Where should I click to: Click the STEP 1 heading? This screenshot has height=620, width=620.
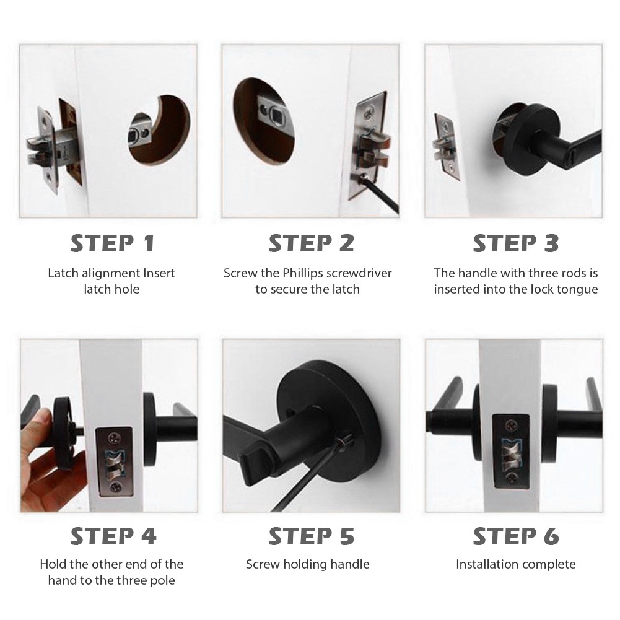[112, 243]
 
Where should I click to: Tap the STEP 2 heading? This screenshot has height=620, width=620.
[311, 243]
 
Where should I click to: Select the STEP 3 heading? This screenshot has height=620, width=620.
[515, 243]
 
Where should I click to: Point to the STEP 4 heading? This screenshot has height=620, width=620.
[113, 536]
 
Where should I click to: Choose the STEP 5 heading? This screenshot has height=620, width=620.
[311, 536]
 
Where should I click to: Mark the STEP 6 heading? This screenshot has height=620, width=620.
[515, 536]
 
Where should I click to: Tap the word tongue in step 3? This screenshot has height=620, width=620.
[577, 290]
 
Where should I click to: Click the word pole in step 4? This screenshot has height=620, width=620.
[162, 580]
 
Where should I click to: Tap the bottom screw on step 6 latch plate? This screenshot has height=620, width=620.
[512, 478]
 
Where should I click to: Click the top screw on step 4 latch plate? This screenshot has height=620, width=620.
[115, 438]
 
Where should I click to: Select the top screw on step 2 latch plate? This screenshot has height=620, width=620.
[370, 114]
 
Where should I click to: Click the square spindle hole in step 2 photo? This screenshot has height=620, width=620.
[275, 115]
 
